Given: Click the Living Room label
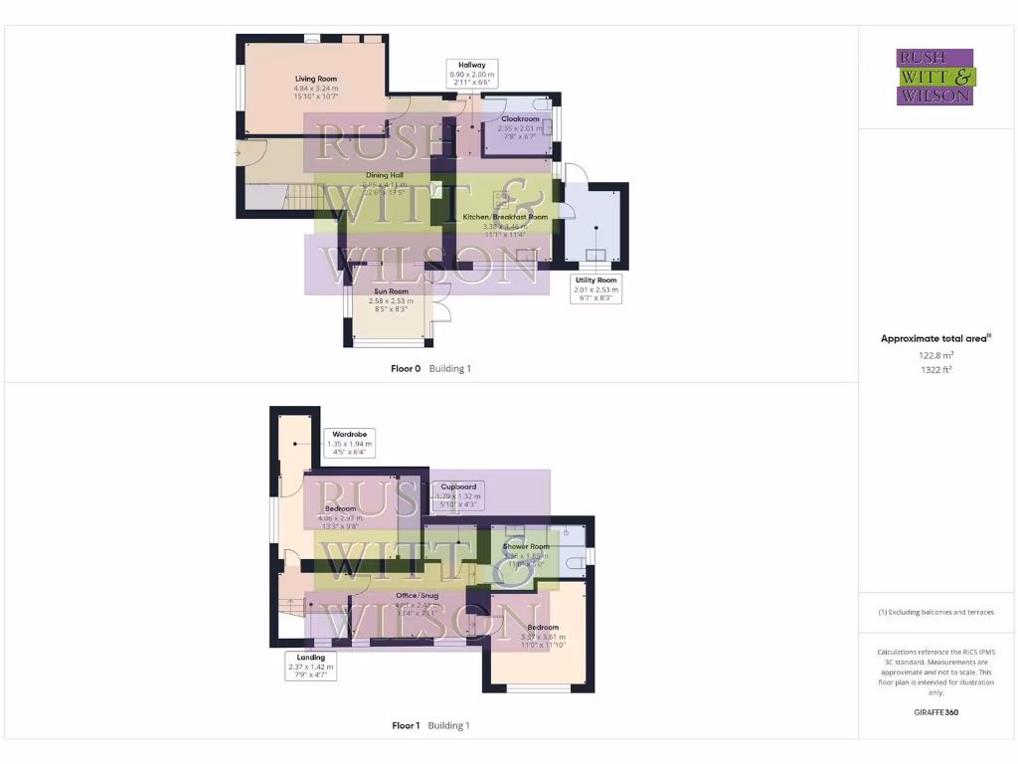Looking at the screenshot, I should [316, 79].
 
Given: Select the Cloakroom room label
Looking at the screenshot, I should [520, 119].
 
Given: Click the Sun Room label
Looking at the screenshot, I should [391, 291].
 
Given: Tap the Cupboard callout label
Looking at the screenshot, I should [457, 486].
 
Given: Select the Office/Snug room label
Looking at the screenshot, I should [418, 596].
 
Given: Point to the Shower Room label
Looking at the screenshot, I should [526, 547].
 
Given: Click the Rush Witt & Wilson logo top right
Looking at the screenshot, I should [935, 78].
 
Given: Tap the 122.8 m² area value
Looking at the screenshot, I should [935, 354].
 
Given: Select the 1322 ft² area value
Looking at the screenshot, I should [935, 369].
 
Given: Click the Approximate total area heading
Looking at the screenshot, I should [934, 339].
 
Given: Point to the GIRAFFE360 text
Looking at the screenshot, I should [935, 712].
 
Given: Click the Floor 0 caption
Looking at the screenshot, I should [406, 369].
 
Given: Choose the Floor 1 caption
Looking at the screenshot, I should [406, 726].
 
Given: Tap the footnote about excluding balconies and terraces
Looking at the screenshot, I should [935, 612].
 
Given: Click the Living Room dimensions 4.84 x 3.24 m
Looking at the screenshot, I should [316, 89].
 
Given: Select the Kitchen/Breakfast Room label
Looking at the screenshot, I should [505, 217].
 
